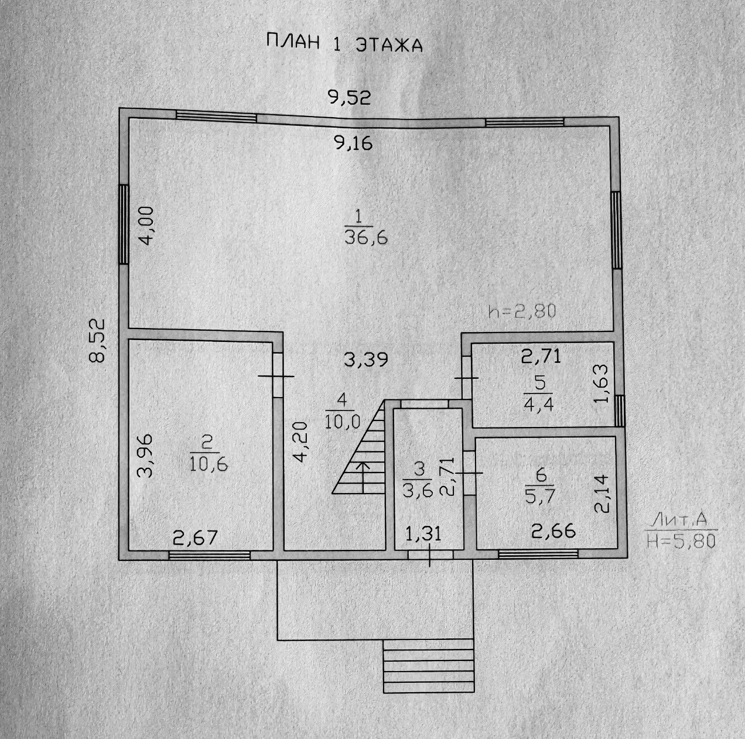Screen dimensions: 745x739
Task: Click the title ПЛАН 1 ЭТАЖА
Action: (344, 44)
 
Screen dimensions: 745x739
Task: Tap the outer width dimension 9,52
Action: (350, 98)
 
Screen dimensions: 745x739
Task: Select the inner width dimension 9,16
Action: (353, 142)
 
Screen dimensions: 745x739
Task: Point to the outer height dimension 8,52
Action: (97, 340)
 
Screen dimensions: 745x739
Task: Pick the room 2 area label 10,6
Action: (208, 464)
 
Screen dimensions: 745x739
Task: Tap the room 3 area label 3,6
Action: (418, 490)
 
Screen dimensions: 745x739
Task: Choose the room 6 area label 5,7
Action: (540, 495)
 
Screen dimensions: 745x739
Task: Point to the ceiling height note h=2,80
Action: (521, 311)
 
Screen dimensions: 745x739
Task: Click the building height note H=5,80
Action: (682, 541)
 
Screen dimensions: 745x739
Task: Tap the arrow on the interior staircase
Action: (363, 475)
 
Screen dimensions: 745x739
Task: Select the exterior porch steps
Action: (428, 666)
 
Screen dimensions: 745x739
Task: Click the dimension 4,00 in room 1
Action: (146, 228)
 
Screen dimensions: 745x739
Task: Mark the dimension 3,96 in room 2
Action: (146, 455)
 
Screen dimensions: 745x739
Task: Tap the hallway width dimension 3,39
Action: (366, 359)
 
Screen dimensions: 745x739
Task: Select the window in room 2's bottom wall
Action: (210, 555)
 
